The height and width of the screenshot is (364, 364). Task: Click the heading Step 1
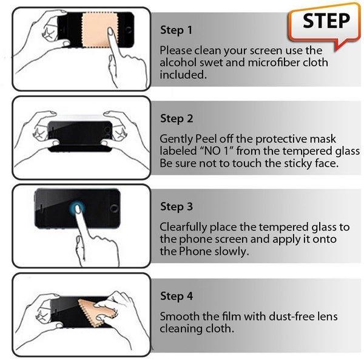[177, 29]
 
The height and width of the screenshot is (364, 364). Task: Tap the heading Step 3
[177, 207]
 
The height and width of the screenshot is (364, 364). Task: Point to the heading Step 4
[177, 296]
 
